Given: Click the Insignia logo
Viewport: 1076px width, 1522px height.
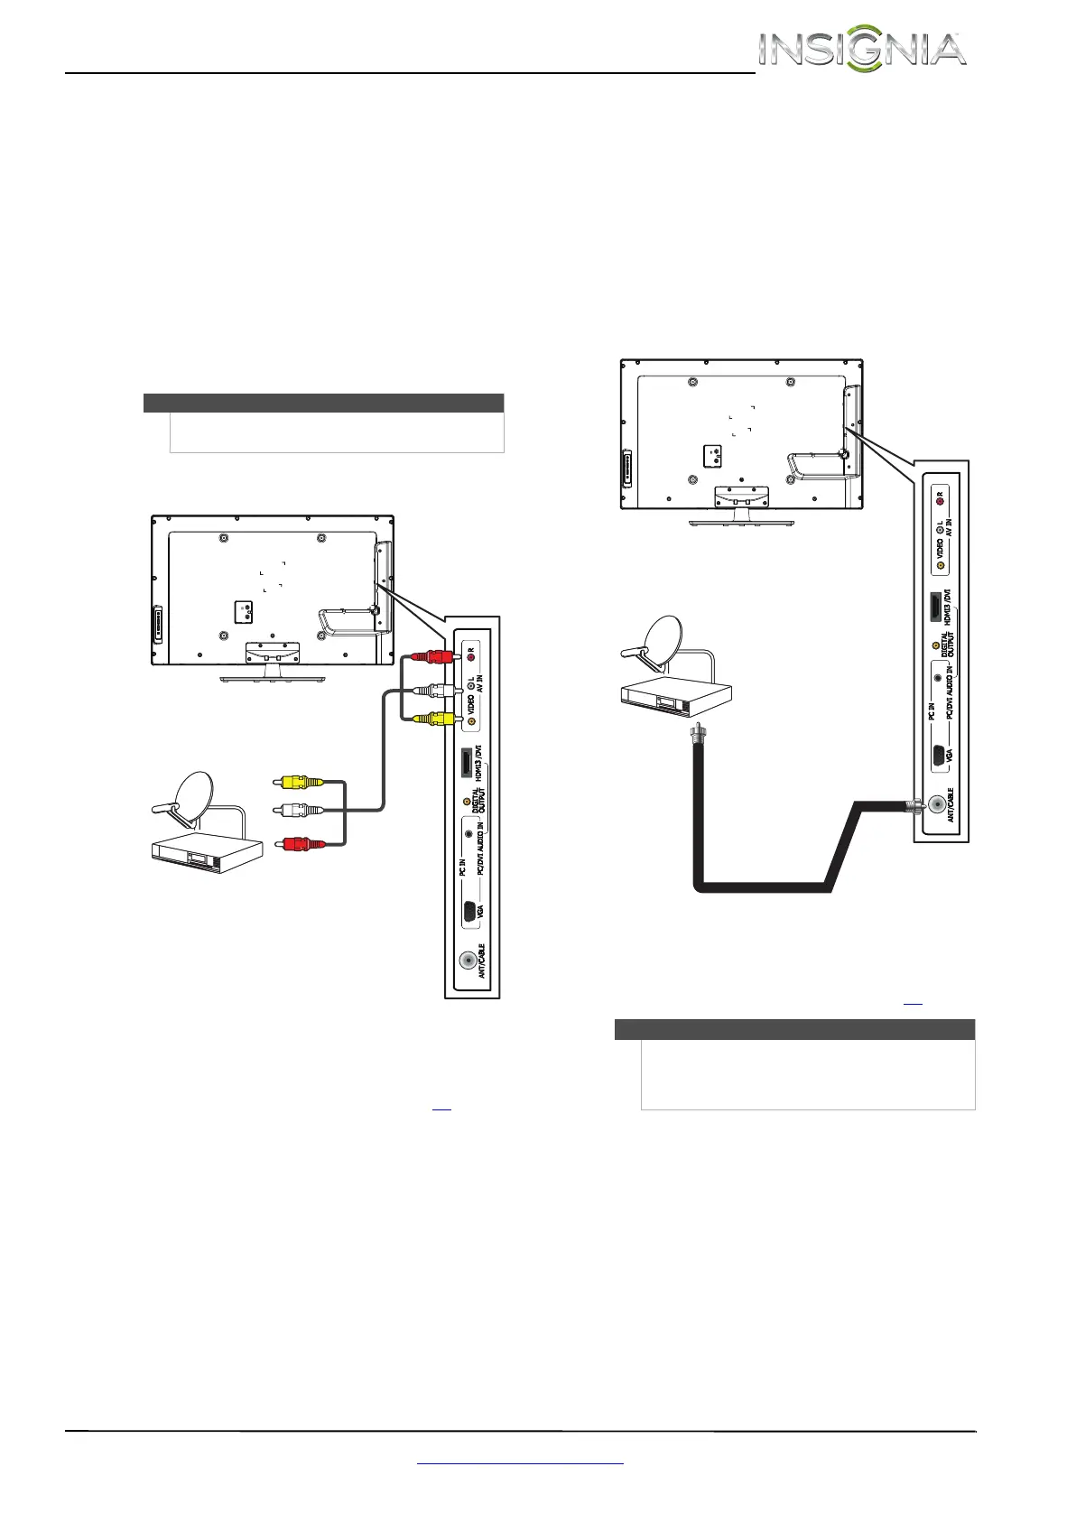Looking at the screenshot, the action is click(862, 51).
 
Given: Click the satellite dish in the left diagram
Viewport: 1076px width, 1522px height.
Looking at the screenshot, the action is click(190, 799).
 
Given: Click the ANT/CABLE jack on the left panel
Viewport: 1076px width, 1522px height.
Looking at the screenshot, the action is click(468, 961).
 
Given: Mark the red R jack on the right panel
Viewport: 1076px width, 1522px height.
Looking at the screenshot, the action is click(939, 496).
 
